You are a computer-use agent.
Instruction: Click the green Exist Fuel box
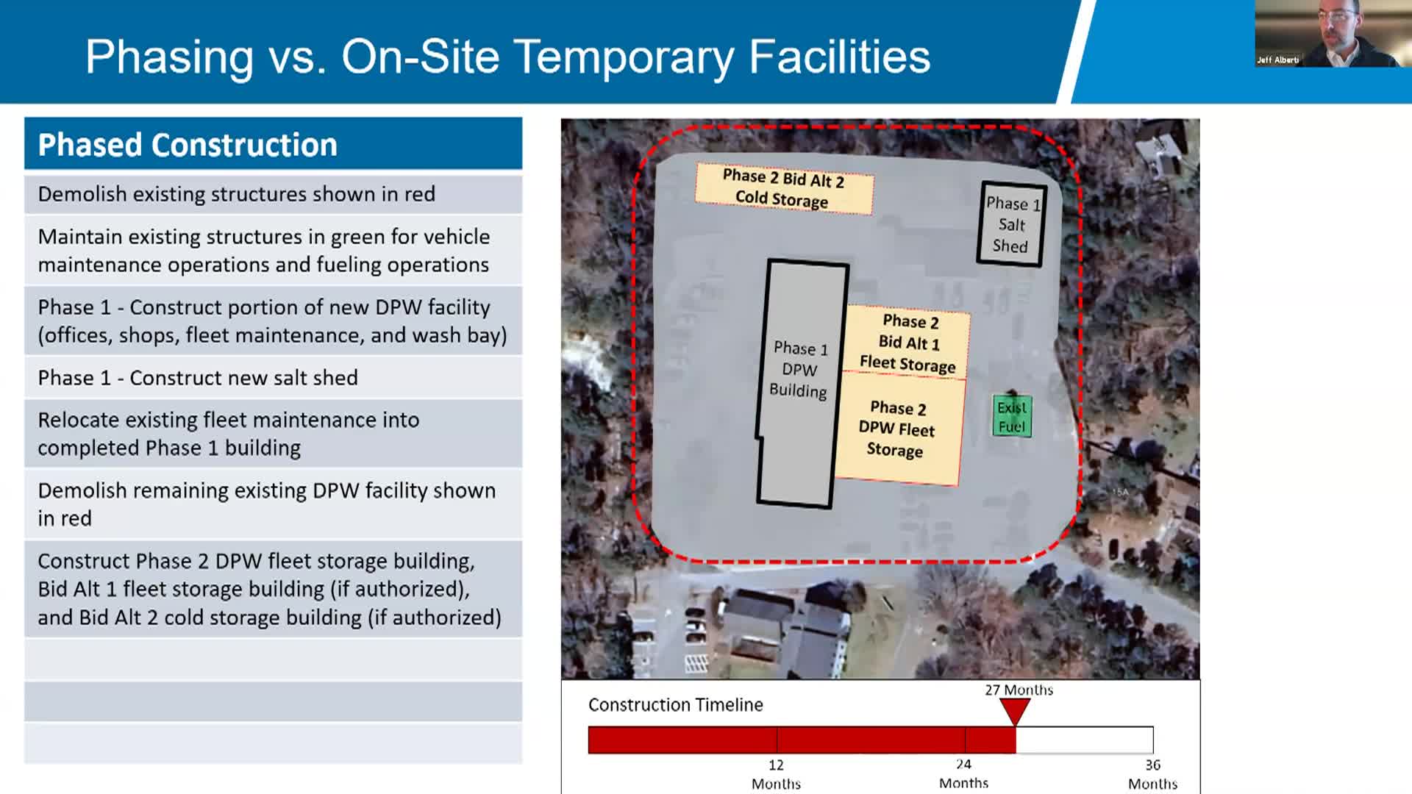pos(1012,417)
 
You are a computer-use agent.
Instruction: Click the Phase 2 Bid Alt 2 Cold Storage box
pos(784,188)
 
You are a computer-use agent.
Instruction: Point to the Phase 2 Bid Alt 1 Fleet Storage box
pos(908,343)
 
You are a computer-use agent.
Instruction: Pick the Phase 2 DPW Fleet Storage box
pos(897,429)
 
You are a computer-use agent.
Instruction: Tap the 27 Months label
pos(1019,690)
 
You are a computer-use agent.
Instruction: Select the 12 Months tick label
pos(776,774)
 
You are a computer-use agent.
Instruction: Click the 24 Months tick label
pos(963,773)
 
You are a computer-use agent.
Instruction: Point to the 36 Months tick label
pos(1152,774)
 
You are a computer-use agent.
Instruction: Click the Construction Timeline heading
pos(675,704)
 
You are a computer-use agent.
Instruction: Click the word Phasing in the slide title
pos(169,57)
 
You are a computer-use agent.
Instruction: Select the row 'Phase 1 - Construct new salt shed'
pos(273,377)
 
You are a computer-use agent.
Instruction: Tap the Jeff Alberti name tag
pos(1277,60)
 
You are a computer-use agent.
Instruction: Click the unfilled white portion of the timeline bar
pos(1084,740)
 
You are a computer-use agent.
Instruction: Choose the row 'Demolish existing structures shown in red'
pos(273,194)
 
